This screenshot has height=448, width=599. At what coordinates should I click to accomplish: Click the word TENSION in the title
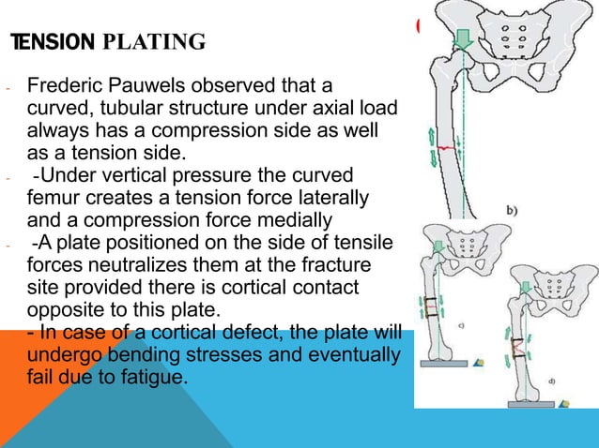tap(51, 42)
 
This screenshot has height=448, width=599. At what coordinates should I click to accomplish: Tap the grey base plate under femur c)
tap(451, 367)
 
